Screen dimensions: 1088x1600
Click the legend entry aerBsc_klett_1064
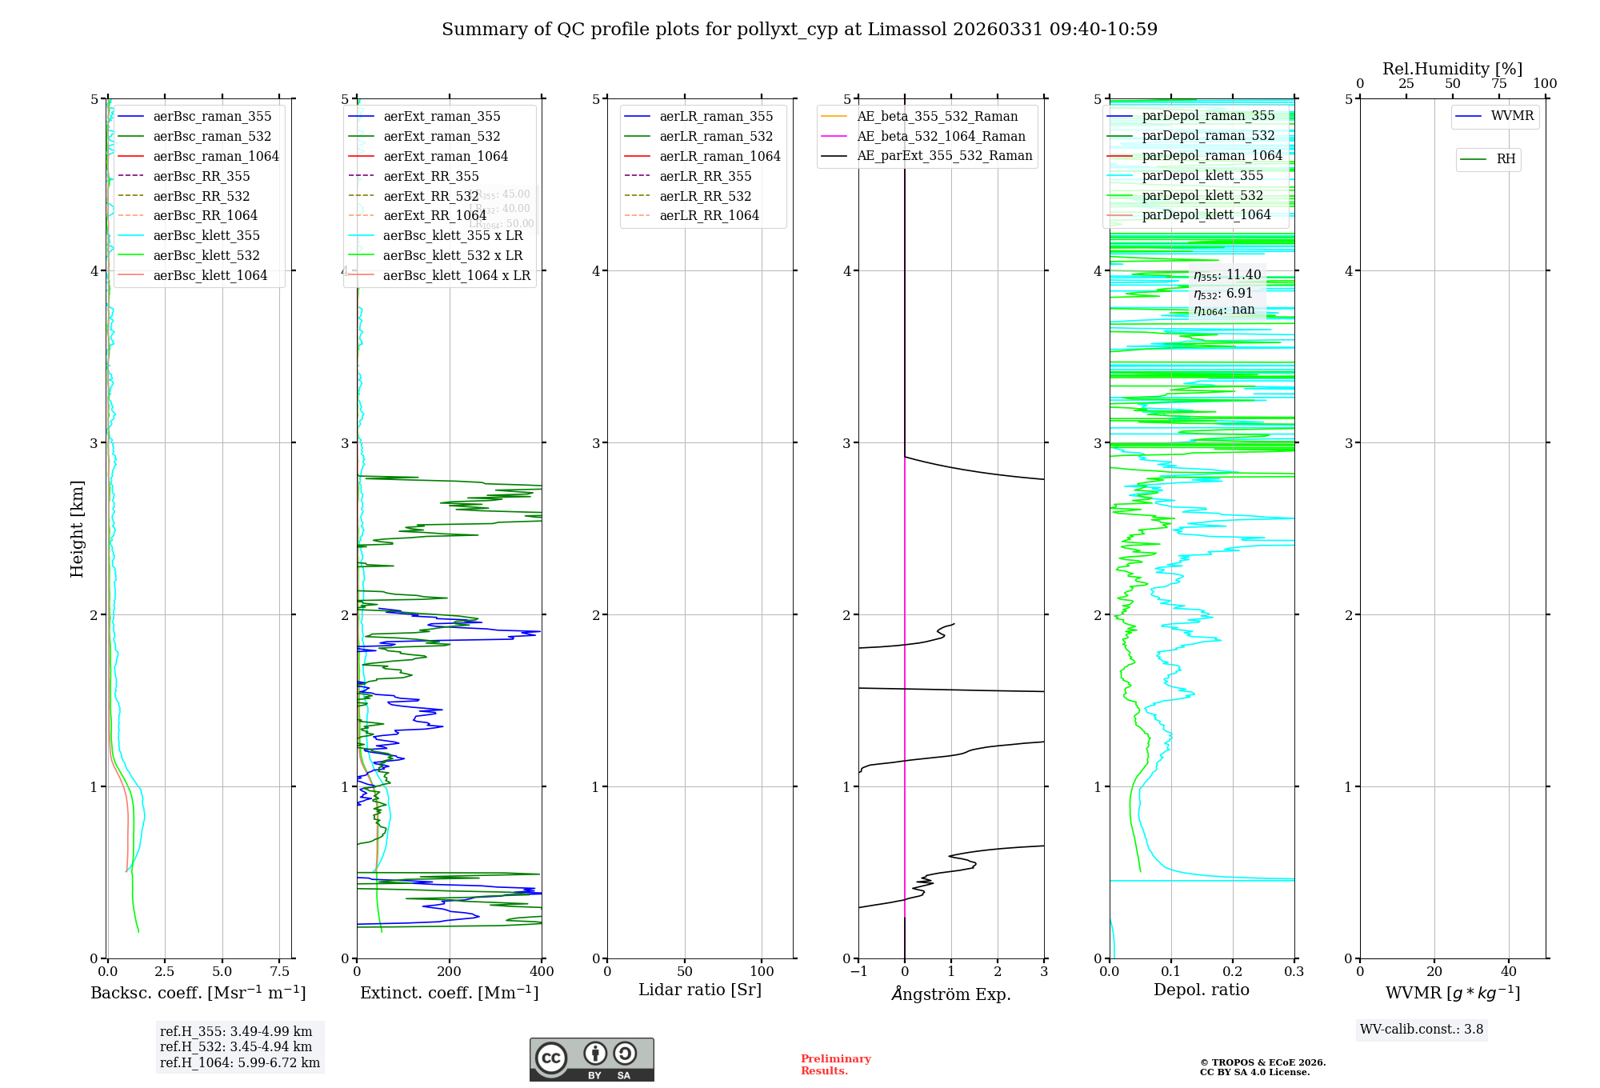(210, 275)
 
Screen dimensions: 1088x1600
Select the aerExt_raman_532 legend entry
(442, 136)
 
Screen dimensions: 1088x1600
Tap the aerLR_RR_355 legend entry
(705, 176)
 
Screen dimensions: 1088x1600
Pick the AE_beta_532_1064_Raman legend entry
(941, 136)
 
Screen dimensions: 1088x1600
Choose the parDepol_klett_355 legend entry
(1202, 175)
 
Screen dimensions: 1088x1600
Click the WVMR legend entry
(1512, 116)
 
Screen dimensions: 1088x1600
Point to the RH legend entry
(1506, 159)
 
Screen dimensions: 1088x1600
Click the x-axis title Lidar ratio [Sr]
(700, 990)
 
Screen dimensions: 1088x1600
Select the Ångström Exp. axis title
(951, 994)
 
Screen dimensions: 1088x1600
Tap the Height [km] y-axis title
(77, 528)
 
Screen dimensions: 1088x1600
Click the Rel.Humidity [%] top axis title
(1452, 69)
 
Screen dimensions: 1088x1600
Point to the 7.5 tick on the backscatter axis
(279, 971)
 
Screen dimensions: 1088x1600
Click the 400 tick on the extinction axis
(542, 971)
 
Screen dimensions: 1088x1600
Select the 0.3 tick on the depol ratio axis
(1294, 971)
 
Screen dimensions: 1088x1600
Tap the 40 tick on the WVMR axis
(1509, 971)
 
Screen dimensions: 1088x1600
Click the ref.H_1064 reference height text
(239, 1062)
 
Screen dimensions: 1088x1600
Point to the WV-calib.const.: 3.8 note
(1422, 1029)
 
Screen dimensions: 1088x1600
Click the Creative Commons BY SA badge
(591, 1060)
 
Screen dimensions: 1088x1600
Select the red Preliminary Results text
(835, 1064)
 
